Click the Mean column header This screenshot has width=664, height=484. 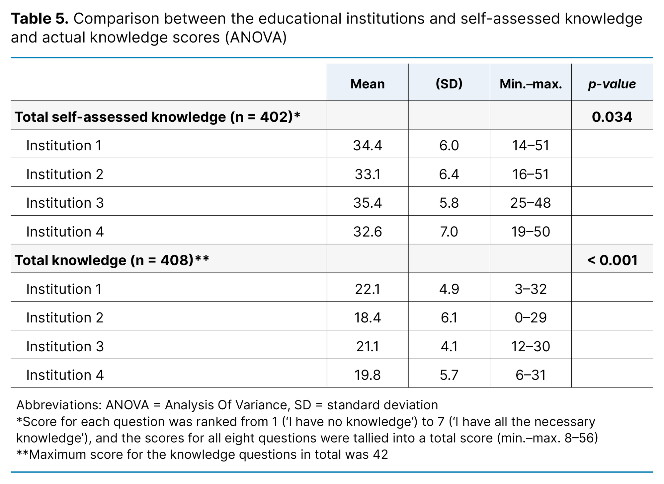pos(368,84)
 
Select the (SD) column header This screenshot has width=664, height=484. pos(449,84)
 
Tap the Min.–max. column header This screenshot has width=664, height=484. pos(531,84)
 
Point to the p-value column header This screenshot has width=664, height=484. pos(612,84)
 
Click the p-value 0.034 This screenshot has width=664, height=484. pos(612,117)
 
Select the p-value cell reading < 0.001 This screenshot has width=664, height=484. pos(612,260)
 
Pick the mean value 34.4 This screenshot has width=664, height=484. pos(368,146)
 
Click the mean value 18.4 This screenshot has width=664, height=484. pos(368,318)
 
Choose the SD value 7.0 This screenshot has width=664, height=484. pos(449,232)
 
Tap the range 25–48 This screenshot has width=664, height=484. pos(531,203)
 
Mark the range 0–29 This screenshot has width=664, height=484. pos(531,318)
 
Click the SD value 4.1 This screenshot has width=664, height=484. pos(449,347)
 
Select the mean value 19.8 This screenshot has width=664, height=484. pos(368,375)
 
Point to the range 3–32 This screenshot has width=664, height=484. pos(531,289)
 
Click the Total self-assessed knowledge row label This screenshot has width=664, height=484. pos(157,117)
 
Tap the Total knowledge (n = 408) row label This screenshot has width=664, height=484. pos(112,260)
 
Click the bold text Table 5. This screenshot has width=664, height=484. pos(40,19)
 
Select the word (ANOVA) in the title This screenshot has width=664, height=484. pos(256,37)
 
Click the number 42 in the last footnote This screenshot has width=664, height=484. pos(380,454)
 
